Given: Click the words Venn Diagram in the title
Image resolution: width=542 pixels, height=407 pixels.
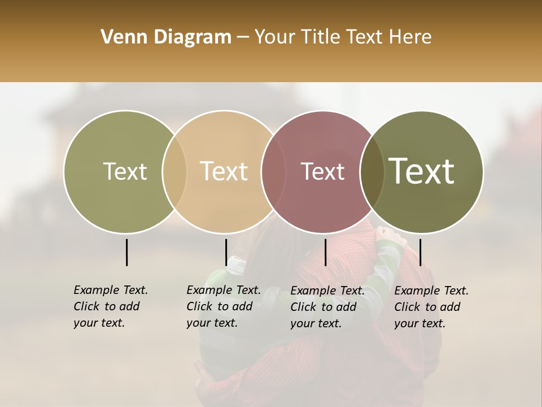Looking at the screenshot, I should click(166, 37).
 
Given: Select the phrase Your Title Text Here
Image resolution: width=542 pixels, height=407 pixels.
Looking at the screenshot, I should click(343, 37).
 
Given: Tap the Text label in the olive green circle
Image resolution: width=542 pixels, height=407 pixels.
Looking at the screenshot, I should click(125, 171).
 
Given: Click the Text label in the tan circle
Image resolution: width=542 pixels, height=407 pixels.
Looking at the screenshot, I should click(224, 171).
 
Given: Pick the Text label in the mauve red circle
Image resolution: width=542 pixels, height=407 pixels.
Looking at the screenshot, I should click(323, 171).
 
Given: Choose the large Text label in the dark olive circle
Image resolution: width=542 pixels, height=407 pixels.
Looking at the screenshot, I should click(422, 171).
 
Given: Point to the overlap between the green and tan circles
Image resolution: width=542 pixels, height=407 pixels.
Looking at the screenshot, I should click(174, 172).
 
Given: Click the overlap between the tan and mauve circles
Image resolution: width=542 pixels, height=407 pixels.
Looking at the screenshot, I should click(273, 172).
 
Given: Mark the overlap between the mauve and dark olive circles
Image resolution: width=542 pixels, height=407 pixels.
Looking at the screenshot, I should click(372, 172).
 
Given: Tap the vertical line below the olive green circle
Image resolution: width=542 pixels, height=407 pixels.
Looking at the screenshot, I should click(126, 252).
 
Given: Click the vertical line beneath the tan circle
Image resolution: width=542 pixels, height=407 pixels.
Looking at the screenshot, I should click(226, 252).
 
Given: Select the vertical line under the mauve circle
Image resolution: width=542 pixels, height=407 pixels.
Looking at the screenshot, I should click(325, 252).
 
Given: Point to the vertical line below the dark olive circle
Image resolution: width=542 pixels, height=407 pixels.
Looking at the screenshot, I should click(420, 252).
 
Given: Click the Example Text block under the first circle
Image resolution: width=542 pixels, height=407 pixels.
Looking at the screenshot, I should click(111, 306).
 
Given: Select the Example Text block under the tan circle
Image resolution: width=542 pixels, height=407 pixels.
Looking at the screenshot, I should click(224, 306).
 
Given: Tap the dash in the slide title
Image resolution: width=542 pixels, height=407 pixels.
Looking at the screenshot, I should click(243, 38).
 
